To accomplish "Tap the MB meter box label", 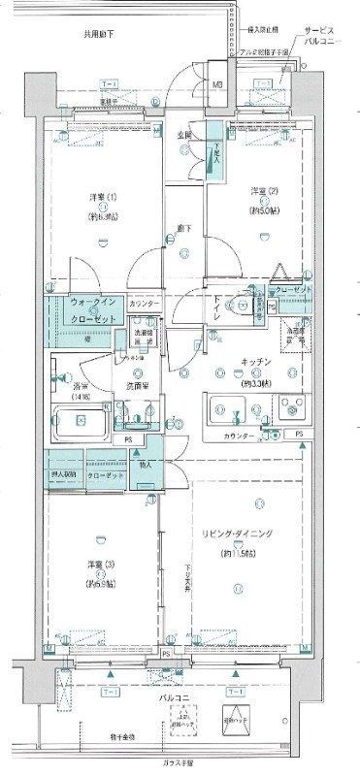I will (216, 84).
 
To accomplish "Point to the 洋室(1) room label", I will (107, 198).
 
